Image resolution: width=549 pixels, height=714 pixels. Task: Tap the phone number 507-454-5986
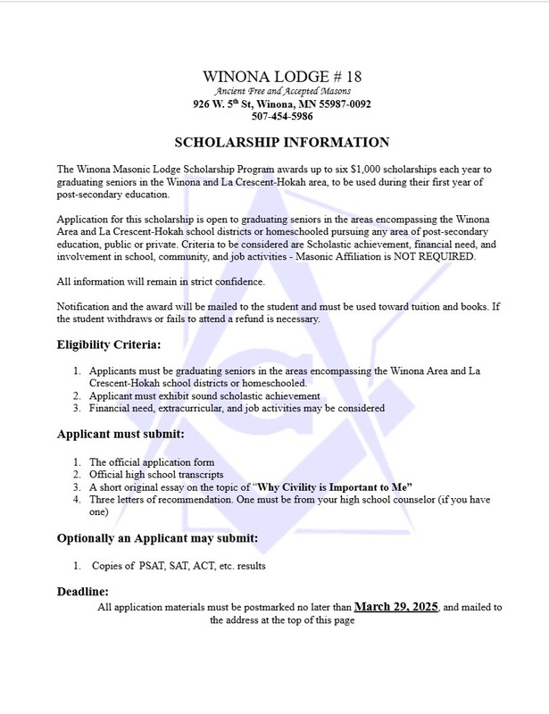pyautogui.click(x=282, y=116)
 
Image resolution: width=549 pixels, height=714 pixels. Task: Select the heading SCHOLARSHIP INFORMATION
pyautogui.click(x=281, y=142)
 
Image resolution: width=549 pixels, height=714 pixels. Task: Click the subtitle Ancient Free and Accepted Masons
pyautogui.click(x=281, y=91)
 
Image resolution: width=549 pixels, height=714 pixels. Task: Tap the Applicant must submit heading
pyautogui.click(x=121, y=435)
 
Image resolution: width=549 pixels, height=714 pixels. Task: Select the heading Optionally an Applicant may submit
pyautogui.click(x=158, y=538)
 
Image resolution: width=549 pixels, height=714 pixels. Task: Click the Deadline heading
pyautogui.click(x=83, y=591)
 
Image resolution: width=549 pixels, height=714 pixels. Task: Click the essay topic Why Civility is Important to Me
pyautogui.click(x=333, y=487)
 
